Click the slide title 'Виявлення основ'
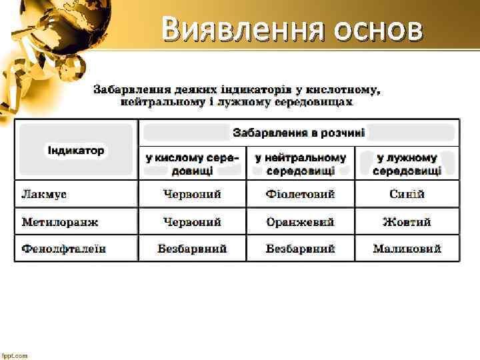point(292,30)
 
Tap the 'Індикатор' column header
point(75,150)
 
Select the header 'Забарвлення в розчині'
point(299,133)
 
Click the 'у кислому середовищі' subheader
point(193,164)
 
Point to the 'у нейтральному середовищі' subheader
point(301,164)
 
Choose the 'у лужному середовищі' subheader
point(407,164)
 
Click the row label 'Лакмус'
point(44,195)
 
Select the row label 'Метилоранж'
point(59,222)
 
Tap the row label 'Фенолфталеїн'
point(63,249)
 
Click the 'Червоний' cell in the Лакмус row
point(193,195)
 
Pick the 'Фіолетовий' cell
point(301,195)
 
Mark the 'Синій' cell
point(407,195)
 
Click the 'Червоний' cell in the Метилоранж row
point(193,222)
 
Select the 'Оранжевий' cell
point(301,222)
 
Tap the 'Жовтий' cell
point(407,222)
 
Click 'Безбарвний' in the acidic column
point(193,249)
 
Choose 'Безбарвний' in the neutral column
point(301,249)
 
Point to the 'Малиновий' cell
point(407,249)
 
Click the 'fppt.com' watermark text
point(14,355)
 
